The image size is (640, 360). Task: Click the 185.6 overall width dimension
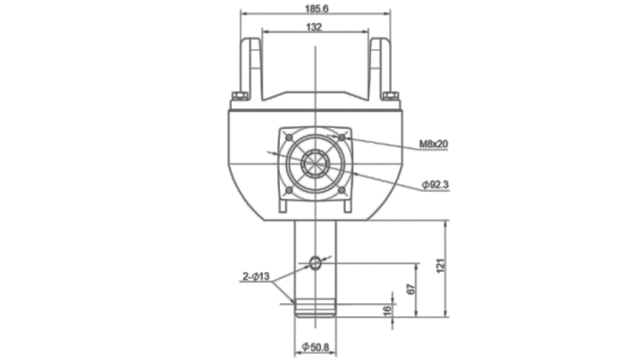[x=317, y=9]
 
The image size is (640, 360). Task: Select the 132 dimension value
[x=314, y=27]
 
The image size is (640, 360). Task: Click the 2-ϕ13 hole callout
[x=258, y=277]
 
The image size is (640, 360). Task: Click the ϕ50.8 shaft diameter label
[x=316, y=347]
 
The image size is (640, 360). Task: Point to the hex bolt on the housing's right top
[x=390, y=96]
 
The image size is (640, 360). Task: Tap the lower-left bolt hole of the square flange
[x=288, y=190]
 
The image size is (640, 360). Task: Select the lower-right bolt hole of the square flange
[x=342, y=190]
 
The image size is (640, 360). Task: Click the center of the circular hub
[x=315, y=164]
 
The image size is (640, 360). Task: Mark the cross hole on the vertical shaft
[x=315, y=262]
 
